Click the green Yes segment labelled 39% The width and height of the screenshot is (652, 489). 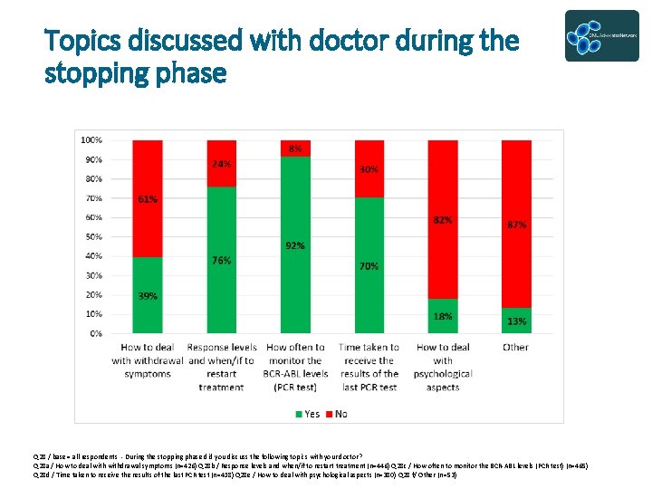[148, 295]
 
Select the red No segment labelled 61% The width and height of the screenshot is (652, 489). [148, 198]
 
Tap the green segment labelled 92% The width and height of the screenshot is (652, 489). [295, 244]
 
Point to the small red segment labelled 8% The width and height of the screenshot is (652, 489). [295, 148]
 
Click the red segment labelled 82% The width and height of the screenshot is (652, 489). [443, 219]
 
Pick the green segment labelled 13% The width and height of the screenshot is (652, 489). [517, 321]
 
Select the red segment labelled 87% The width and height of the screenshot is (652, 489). [517, 224]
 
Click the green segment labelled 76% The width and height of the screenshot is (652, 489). [222, 260]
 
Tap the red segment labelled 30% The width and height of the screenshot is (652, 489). [369, 169]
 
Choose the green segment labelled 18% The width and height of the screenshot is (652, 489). [443, 316]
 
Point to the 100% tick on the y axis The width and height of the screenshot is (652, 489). [91, 140]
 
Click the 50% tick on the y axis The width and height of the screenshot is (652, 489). [93, 237]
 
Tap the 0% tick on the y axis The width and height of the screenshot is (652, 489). [96, 333]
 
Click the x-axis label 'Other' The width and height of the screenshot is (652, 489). [516, 348]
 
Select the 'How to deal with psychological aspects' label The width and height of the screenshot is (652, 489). [443, 366]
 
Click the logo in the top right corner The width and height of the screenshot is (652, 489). [601, 36]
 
